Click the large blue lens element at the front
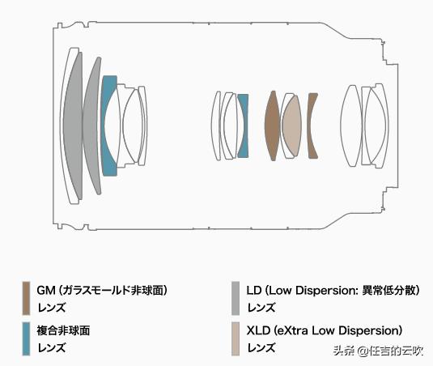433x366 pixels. (108, 126)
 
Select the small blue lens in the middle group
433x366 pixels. (243, 126)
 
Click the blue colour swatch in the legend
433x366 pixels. (26, 338)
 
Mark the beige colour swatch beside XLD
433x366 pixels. (235, 338)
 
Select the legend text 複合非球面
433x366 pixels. (63, 330)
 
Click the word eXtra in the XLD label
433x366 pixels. (296, 330)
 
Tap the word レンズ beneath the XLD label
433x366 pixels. (261, 348)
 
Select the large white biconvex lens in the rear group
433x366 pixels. (350, 126)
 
